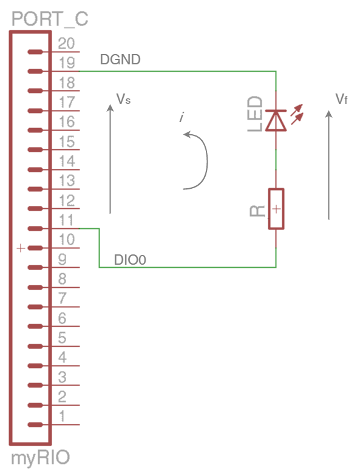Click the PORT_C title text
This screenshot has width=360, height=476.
point(50,19)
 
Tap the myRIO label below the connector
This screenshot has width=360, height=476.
point(40,458)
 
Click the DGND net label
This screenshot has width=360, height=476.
point(120,59)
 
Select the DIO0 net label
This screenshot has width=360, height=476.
point(130,260)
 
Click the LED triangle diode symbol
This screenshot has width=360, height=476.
point(276,120)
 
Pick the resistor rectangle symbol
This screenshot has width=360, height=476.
point(276,209)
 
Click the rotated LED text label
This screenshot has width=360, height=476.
point(255,114)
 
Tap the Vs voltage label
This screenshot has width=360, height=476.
point(123,99)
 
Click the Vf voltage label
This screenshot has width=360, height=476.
point(341,99)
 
